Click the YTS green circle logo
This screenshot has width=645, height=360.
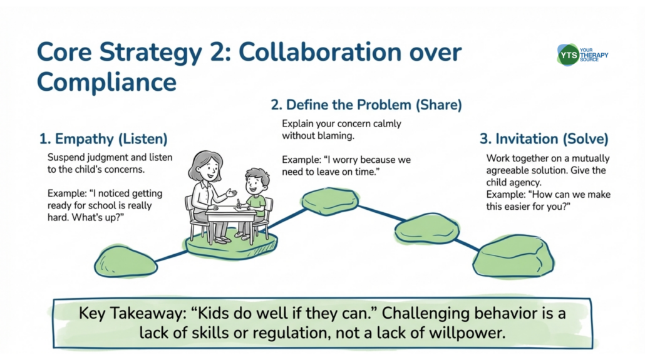pyautogui.click(x=568, y=55)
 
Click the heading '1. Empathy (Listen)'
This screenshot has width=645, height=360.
pyautogui.click(x=103, y=139)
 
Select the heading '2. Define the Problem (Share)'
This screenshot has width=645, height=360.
pyautogui.click(x=366, y=105)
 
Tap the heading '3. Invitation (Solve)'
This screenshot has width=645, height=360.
pyautogui.click(x=544, y=139)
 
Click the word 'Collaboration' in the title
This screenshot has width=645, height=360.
pyautogui.click(x=319, y=52)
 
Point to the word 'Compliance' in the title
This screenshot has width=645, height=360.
pyautogui.click(x=107, y=82)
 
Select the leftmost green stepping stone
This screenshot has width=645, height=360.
pyautogui.click(x=125, y=261)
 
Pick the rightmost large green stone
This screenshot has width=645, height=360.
pyautogui.click(x=513, y=256)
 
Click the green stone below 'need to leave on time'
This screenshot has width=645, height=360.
pyautogui.click(x=330, y=201)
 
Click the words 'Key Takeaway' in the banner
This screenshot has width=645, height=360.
pyautogui.click(x=133, y=314)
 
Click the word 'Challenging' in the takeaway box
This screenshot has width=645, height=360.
pyautogui.click(x=426, y=314)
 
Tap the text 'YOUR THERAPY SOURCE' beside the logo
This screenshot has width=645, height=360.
pyautogui.click(x=594, y=55)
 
